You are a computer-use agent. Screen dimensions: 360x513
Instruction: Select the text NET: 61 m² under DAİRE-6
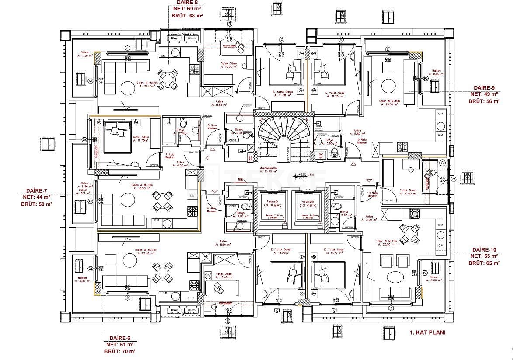pyautogui.click(x=120, y=345)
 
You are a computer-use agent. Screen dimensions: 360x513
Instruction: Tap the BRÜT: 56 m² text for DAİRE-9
pyautogui.click(x=483, y=100)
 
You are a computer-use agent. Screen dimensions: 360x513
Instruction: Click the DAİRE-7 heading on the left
pyautogui.click(x=36, y=191)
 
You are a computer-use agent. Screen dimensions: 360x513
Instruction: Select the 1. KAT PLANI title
pyautogui.click(x=427, y=332)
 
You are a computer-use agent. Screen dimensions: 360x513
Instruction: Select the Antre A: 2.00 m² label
pyautogui.click(x=369, y=218)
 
